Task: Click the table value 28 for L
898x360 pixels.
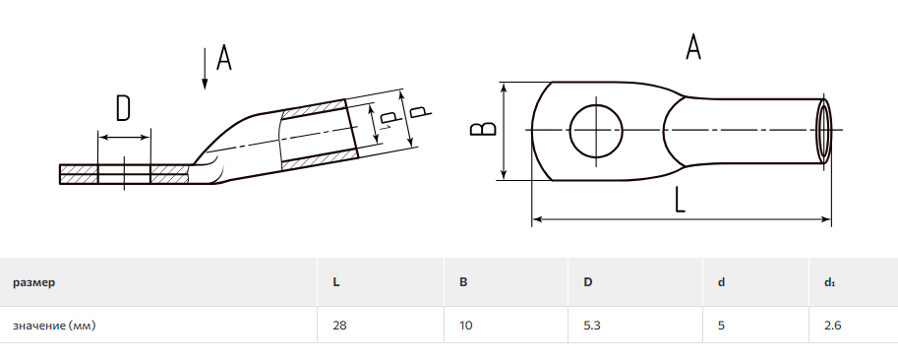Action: pos(339,326)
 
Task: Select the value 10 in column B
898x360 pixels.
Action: pos(465,326)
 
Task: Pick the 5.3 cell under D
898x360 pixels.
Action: pos(592,326)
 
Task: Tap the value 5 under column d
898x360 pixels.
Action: pos(721,326)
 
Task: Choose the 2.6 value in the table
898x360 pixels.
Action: pos(833,326)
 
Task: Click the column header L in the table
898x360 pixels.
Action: pos(335,282)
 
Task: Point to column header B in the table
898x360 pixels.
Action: pos(463,282)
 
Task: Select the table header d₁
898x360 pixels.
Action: pos(830,282)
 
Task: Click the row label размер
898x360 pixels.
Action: pos(34,282)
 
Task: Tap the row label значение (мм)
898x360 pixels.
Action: pos(54,326)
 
